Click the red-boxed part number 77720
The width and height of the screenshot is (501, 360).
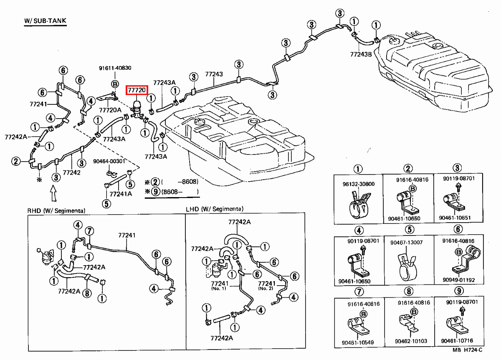click(137, 90)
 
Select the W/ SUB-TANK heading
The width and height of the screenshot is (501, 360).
click(45, 20)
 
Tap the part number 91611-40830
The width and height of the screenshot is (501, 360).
click(115, 68)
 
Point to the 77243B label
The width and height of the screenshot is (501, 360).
click(361, 54)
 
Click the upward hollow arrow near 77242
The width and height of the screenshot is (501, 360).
click(53, 193)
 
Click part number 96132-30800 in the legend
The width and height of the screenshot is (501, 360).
click(359, 184)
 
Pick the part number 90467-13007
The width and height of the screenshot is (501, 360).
click(407, 243)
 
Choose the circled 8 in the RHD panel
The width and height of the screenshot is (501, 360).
click(87, 293)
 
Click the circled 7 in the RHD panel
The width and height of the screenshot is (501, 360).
click(89, 232)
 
